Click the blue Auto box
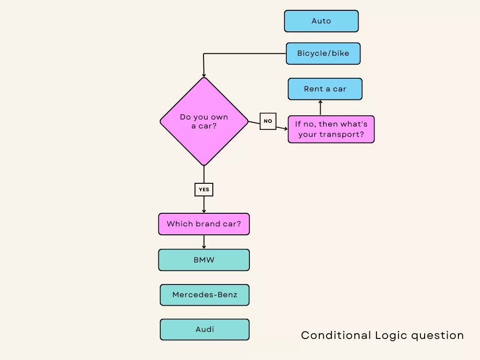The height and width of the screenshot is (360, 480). coord(321,21)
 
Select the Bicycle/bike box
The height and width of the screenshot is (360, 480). coord(323,53)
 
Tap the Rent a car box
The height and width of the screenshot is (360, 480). coord(325,89)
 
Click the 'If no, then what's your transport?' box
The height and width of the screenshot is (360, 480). coord(331,129)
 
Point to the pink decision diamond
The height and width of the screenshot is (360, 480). coord(204,121)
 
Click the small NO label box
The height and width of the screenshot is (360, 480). coord(268,121)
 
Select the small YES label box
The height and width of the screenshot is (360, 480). coord(204,189)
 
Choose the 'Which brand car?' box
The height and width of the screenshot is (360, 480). coord(204,224)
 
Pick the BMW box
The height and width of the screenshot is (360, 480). coord(204,260)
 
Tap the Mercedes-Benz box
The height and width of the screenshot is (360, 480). coord(204,295)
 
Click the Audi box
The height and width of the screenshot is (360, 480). coord(204,330)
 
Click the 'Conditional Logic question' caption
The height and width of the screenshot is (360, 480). coord(382,336)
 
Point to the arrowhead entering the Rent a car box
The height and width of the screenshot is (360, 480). coord(321,102)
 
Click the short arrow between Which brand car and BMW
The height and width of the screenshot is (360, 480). coord(204,242)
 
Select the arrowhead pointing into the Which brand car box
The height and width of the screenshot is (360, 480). coord(204,211)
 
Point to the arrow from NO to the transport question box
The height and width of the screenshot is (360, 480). coord(282,127)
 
